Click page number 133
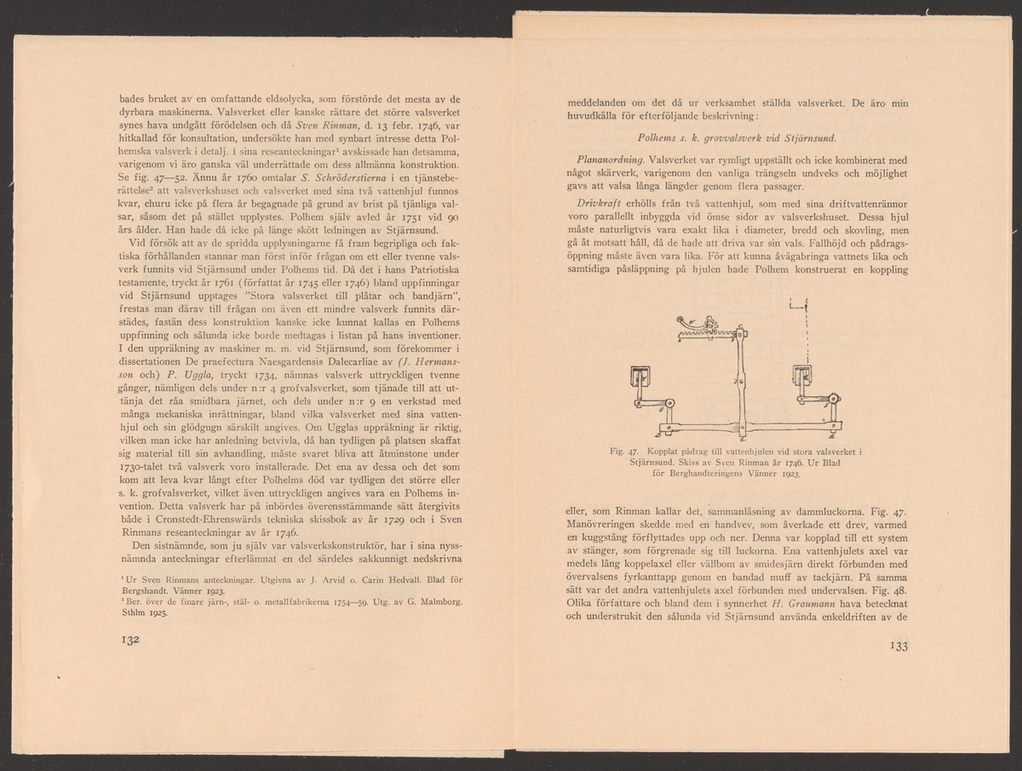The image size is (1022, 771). click(899, 645)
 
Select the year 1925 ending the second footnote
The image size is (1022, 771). click(157, 612)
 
